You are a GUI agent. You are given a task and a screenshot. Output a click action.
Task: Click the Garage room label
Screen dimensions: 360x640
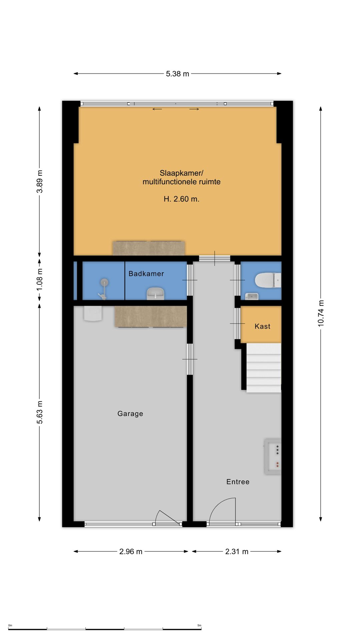pos(130,414)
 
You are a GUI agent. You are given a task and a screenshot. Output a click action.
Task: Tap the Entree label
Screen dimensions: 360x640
pos(238,482)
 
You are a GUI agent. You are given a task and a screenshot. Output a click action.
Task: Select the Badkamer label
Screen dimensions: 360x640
pos(146,274)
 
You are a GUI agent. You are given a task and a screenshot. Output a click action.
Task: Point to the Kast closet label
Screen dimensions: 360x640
pos(262,326)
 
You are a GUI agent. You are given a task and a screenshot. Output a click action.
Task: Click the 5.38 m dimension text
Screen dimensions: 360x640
pos(177,74)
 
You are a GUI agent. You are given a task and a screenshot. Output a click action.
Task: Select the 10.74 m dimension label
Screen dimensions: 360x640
pos(321,313)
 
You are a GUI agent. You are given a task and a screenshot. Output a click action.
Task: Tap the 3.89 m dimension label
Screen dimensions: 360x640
pos(40,181)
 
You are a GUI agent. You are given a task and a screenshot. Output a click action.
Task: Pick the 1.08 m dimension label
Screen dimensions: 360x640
pos(40,279)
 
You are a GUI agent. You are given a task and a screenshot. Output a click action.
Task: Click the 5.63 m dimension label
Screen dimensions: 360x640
pos(40,412)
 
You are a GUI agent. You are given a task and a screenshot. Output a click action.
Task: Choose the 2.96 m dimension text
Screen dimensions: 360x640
pos(131,552)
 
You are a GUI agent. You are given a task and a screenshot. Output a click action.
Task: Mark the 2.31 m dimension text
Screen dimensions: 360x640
pos(237,552)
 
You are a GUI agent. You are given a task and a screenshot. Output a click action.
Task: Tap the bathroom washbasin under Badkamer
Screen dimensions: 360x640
pos(155,293)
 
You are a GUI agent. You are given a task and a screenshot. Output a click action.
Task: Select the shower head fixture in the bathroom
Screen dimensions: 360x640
pos(104,283)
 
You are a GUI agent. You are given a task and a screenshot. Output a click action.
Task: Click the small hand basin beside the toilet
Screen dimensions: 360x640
pos(252,296)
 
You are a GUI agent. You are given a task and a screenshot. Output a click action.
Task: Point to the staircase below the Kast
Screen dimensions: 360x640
pos(264,368)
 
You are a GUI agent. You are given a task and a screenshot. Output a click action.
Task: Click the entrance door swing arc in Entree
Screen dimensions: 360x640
pos(218,504)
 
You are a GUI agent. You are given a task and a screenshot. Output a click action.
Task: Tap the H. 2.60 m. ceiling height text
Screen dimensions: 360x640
pos(181,199)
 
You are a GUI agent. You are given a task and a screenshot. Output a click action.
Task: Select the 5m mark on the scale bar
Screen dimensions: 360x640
pos(199,625)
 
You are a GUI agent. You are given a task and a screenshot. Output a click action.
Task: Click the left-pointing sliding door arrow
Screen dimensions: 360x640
pos(157,109)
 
